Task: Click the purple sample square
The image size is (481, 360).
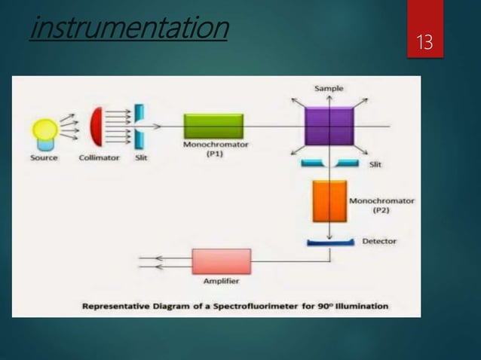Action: (329, 126)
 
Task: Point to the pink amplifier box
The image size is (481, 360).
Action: (221, 261)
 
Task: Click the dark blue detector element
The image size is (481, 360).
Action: (329, 242)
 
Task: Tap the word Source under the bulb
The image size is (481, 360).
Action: (44, 157)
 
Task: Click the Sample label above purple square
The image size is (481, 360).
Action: (329, 89)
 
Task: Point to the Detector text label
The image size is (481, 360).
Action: (378, 241)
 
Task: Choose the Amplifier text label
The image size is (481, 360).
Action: (221, 282)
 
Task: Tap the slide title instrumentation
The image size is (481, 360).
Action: (129, 29)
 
